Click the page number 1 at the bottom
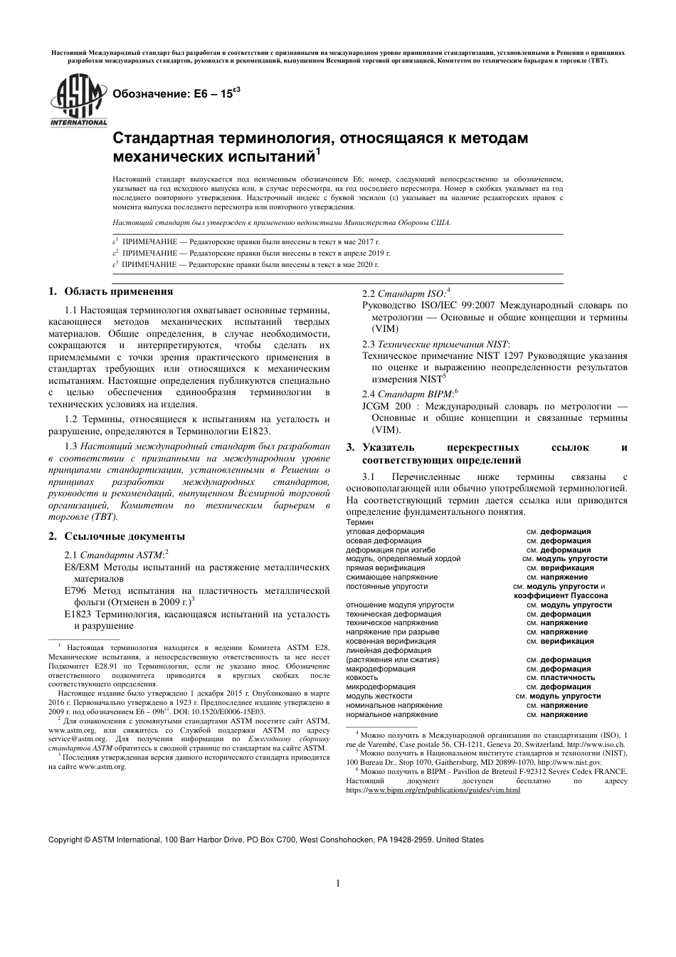coord(338,884)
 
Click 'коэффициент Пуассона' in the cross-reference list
coord(560,595)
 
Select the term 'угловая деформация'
coord(384,531)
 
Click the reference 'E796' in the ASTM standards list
coord(75,591)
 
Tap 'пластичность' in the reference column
coord(567,678)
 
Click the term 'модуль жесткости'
coord(379,696)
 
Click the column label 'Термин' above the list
coord(359,522)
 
